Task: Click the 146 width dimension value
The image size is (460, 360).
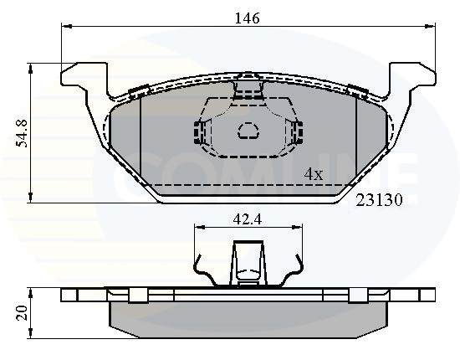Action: pyautogui.click(x=248, y=17)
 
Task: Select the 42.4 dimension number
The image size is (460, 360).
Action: pyautogui.click(x=248, y=222)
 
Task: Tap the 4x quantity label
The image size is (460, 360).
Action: pyautogui.click(x=313, y=174)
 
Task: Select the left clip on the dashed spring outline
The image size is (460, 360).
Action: pyautogui.click(x=199, y=131)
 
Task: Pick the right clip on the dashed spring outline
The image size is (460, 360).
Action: pyautogui.click(x=297, y=131)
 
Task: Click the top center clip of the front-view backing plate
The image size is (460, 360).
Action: pyautogui.click(x=248, y=85)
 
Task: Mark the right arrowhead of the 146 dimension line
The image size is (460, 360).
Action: pyautogui.click(x=432, y=27)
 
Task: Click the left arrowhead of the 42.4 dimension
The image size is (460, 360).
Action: pyautogui.click(x=197, y=227)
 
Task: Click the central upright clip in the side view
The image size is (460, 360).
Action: pyautogui.click(x=248, y=261)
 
